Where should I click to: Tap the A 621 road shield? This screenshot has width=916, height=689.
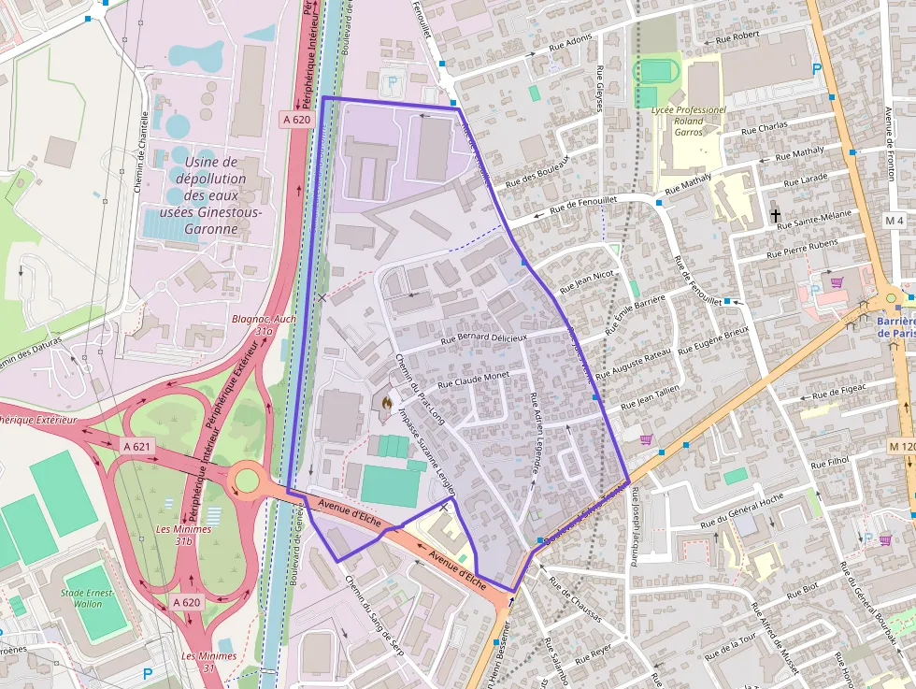click(136, 447)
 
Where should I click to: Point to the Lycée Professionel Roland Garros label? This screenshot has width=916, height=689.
click(688, 121)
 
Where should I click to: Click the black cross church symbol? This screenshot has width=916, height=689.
click(775, 216)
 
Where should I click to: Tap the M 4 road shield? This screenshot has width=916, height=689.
click(895, 221)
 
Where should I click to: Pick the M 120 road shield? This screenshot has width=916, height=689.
click(902, 447)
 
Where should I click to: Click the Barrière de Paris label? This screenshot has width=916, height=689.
click(896, 326)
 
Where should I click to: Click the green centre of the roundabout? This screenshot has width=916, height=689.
click(246, 481)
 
